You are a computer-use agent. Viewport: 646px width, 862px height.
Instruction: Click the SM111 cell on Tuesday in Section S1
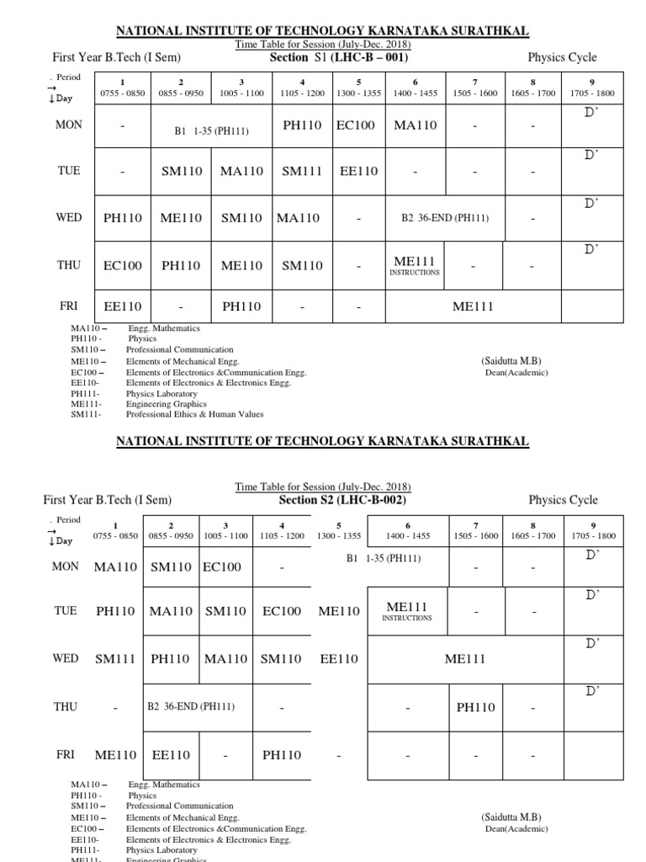(x=302, y=171)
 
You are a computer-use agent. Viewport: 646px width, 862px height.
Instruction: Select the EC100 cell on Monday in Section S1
(x=356, y=125)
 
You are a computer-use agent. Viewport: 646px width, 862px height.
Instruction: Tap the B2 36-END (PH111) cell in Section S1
(x=445, y=218)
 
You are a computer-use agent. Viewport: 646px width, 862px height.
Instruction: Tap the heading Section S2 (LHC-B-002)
(x=342, y=499)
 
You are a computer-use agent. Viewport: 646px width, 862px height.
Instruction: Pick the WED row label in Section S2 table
(x=66, y=658)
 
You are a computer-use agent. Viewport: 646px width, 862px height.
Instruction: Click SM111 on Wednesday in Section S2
(x=115, y=659)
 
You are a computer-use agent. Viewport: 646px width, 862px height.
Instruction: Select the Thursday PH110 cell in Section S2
(x=478, y=708)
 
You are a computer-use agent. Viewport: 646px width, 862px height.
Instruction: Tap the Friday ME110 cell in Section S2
(x=115, y=755)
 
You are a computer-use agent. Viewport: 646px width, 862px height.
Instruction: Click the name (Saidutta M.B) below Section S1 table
(x=511, y=361)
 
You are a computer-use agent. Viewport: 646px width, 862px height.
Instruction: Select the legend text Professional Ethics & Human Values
(x=195, y=414)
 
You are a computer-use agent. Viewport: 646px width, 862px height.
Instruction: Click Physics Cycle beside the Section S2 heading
(x=563, y=500)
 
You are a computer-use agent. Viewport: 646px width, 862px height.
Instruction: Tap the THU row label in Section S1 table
(x=68, y=265)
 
